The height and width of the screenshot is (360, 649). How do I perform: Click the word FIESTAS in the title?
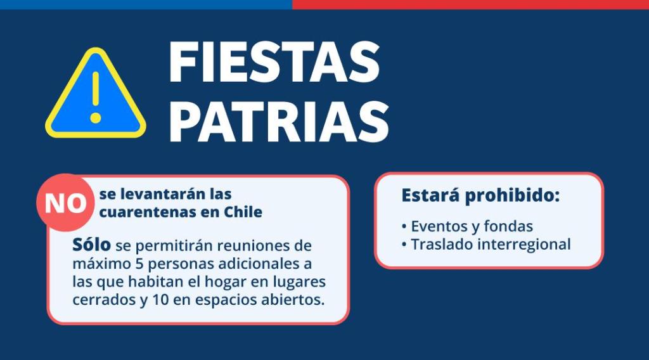(274, 62)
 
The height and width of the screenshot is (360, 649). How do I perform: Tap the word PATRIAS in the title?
(279, 122)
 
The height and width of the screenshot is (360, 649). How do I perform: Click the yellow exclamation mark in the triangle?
(96, 97)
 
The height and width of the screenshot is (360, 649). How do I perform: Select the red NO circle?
(65, 203)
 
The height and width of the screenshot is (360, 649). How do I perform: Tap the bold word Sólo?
(91, 245)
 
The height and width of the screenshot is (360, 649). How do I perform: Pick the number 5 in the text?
(139, 264)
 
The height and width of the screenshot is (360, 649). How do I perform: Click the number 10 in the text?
(160, 300)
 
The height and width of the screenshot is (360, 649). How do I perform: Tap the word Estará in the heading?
(430, 195)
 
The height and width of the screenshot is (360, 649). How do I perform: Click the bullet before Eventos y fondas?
(404, 227)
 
